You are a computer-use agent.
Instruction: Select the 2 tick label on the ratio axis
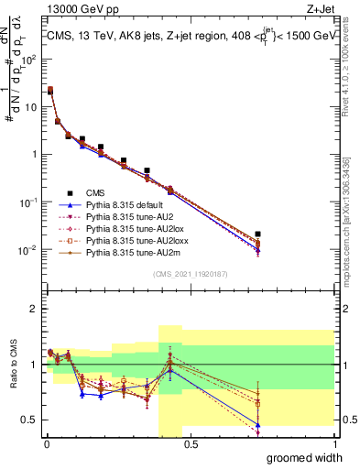tap(33, 309)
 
